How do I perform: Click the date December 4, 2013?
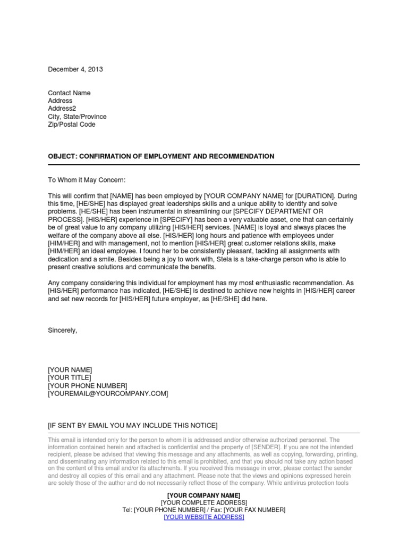(x=75, y=69)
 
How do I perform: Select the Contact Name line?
(x=69, y=93)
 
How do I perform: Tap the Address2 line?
(x=62, y=109)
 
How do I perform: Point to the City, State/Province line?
(x=77, y=117)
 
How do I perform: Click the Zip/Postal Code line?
(x=72, y=125)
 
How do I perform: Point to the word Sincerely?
(x=63, y=330)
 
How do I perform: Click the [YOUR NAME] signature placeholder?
(x=70, y=369)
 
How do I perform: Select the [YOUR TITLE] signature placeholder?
(x=70, y=377)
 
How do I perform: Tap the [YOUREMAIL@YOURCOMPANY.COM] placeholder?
(x=108, y=393)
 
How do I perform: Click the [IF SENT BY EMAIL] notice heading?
(x=132, y=425)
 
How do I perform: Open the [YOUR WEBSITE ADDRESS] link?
(x=204, y=517)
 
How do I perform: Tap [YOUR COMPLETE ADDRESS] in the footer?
(x=204, y=502)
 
